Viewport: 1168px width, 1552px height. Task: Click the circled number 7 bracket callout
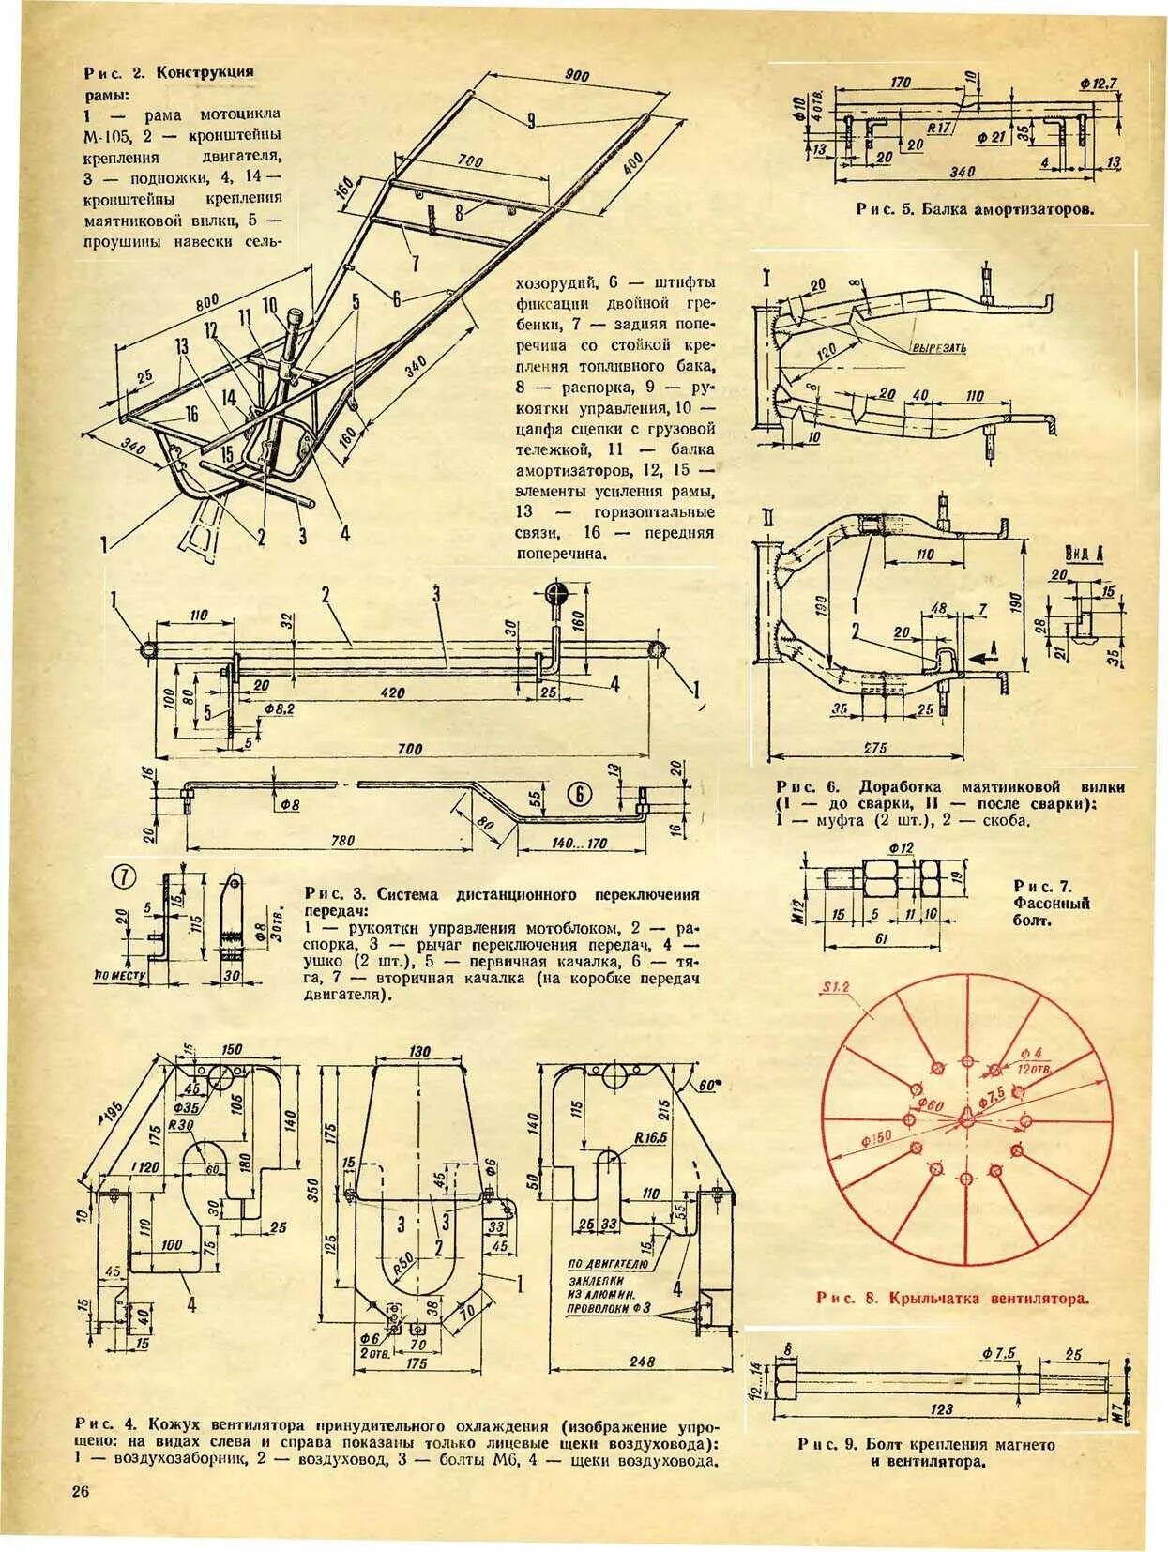click(x=125, y=878)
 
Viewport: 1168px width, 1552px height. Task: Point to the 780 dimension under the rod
click(x=342, y=841)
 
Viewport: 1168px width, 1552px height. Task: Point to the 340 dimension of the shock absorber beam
click(x=963, y=172)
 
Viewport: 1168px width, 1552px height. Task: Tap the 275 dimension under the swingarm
click(x=875, y=748)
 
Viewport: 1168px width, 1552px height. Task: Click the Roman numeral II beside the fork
click(x=767, y=519)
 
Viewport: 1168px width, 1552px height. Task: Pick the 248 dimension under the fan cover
click(x=643, y=1361)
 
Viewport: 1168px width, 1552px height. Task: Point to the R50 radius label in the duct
click(x=402, y=1264)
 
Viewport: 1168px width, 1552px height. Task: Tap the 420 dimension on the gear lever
click(x=393, y=692)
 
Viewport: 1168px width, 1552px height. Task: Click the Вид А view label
click(x=1083, y=554)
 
